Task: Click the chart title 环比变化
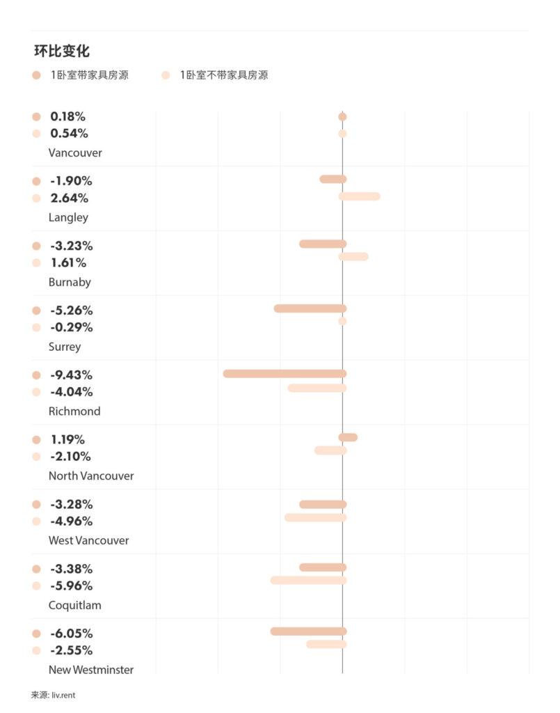click(62, 51)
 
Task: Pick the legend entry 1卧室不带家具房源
click(223, 75)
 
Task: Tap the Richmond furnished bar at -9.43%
click(285, 374)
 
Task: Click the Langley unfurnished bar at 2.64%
click(360, 196)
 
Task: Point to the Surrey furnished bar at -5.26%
click(310, 308)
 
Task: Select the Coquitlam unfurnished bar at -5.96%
click(308, 580)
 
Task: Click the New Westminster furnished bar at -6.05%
click(308, 632)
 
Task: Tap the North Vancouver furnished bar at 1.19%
click(348, 437)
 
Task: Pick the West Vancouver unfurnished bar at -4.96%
click(315, 517)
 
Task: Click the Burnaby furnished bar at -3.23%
click(323, 244)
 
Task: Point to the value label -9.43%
click(71, 375)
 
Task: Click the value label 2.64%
click(69, 198)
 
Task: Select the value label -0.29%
click(71, 327)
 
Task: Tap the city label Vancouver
click(75, 152)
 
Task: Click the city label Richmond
click(74, 412)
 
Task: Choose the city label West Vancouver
click(88, 540)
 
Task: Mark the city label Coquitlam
click(74, 605)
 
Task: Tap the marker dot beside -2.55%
click(36, 650)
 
